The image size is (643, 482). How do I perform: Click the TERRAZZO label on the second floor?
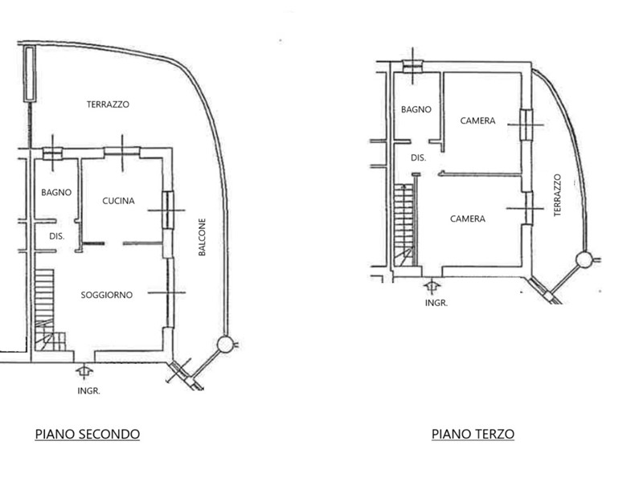[x=108, y=104]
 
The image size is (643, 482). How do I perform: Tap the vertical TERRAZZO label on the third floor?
[x=557, y=195]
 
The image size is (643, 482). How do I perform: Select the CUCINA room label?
[x=118, y=201]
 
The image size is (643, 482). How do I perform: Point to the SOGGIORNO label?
[x=107, y=295]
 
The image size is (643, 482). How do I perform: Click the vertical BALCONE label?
[x=202, y=237]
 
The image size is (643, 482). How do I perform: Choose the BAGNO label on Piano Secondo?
[x=56, y=192]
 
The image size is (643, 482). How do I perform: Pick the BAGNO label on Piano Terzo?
[x=416, y=109]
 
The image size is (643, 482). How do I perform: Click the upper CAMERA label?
[x=477, y=120]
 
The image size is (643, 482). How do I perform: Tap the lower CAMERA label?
[x=468, y=219]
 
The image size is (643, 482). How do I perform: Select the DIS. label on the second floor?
[x=57, y=236]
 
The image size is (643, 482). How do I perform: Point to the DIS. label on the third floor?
[x=418, y=157]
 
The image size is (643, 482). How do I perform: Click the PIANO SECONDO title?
[x=88, y=434]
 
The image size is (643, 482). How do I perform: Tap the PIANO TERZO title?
[x=473, y=434]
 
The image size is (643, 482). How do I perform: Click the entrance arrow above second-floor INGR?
[x=84, y=372]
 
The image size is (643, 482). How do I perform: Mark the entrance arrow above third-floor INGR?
[x=432, y=286]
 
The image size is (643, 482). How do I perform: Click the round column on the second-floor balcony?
[x=225, y=345]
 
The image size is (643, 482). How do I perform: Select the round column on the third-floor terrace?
[x=584, y=259]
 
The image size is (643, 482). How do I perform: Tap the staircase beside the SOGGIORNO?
[x=46, y=310]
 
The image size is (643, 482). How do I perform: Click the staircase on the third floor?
[x=404, y=225]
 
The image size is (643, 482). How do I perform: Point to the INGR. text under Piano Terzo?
[x=436, y=304]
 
